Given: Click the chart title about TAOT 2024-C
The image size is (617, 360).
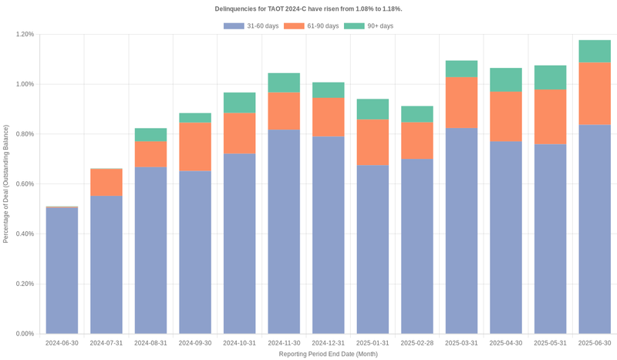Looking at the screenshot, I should pos(308,8).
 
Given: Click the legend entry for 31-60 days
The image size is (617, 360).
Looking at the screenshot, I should pos(247,26).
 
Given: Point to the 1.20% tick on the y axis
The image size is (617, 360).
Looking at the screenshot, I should pos(25,35).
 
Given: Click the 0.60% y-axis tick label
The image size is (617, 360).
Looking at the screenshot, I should pos(25,184).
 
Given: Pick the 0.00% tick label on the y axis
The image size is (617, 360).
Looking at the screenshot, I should pos(25,334).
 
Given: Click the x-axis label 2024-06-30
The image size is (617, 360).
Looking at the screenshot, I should pos(62,343).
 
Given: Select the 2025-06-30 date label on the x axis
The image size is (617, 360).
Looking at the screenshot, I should pos(595,343).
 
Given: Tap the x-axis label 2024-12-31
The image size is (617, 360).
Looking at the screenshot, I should pos(329,343).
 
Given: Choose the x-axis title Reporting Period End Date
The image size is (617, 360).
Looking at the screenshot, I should pos(328,354).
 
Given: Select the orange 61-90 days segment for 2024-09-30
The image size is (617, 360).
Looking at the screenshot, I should pos(195,146).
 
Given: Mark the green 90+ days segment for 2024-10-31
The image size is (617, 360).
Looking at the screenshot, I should pos(240,103).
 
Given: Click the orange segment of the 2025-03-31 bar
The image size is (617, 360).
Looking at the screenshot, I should pos(462,102).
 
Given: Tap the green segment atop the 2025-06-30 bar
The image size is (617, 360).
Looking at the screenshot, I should pos(595,51).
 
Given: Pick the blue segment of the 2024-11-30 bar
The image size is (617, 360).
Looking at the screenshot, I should pos(284,231).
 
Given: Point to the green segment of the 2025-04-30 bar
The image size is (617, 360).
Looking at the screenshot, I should pos(506,79).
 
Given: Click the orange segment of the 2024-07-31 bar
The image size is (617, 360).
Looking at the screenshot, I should pos(106,182).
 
